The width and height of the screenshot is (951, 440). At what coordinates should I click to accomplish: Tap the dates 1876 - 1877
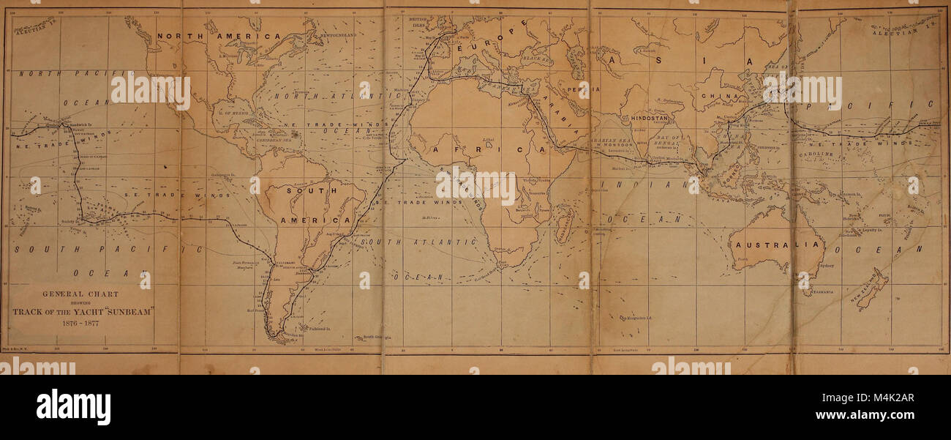point(80,323)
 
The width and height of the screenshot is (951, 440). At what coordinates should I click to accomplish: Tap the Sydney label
point(827,266)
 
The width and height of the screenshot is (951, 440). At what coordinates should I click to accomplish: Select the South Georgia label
point(377,338)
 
